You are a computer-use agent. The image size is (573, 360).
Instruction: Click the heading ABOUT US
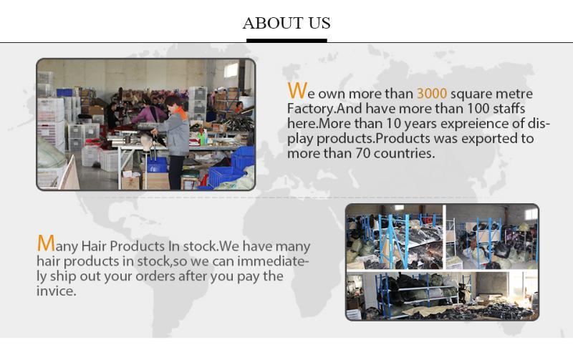[286, 23]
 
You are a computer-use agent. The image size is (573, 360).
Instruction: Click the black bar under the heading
[286, 41]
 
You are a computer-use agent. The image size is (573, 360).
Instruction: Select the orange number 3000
[432, 94]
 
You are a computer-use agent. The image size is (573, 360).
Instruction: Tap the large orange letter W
[297, 91]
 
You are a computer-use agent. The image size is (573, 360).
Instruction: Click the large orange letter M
[46, 243]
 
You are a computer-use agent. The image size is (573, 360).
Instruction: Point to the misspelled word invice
[57, 291]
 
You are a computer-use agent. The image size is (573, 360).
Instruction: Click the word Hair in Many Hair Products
[94, 246]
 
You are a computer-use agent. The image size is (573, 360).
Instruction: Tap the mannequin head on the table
[147, 140]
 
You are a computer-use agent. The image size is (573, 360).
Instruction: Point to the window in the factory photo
[231, 70]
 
